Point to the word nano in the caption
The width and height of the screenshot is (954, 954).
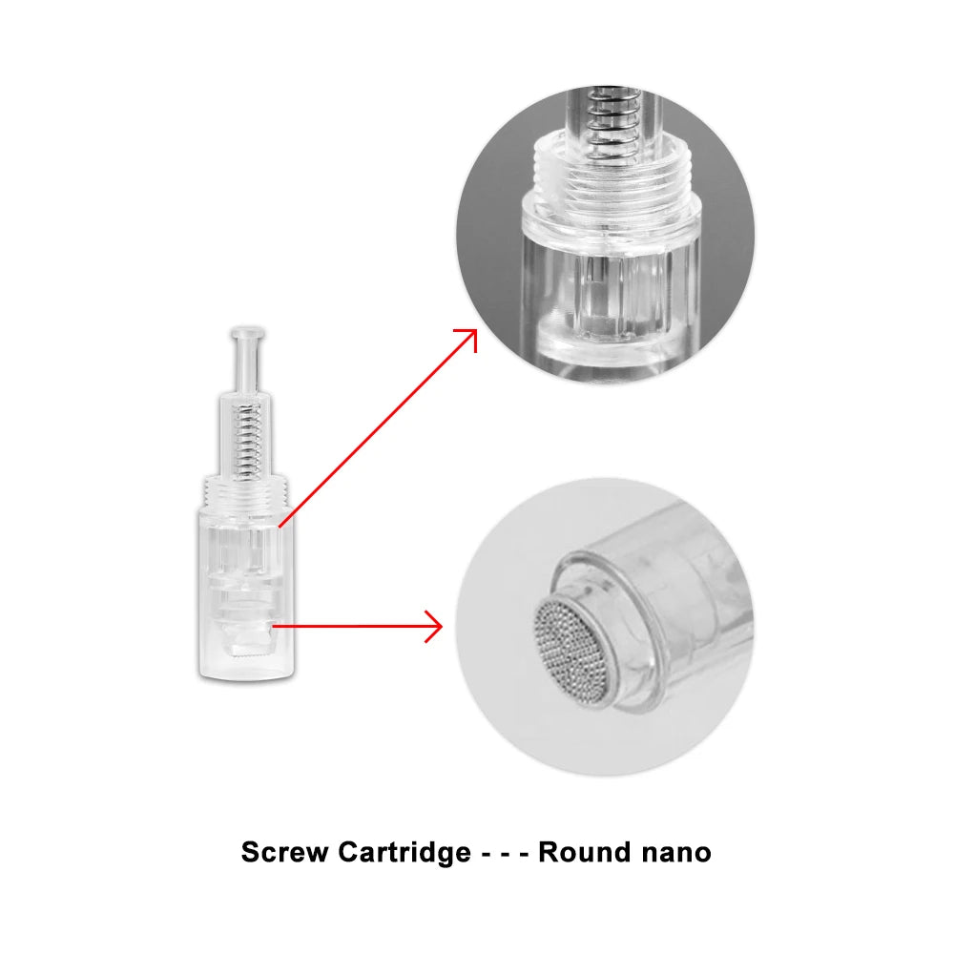[674, 852]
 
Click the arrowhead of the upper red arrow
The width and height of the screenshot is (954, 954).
[469, 335]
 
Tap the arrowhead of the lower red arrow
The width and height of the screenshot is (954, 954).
[437, 627]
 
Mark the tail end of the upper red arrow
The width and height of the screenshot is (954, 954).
[280, 524]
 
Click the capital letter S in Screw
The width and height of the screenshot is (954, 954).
[250, 852]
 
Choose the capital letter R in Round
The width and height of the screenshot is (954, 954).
[550, 852]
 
